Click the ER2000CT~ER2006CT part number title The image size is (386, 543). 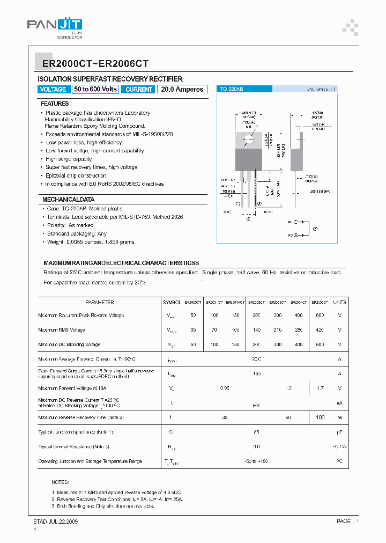pos(95,63)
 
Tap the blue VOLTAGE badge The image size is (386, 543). pos(53,90)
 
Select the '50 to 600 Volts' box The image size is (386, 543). pos(95,90)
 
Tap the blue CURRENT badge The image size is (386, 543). pos(139,90)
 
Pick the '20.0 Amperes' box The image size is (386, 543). pos(182,90)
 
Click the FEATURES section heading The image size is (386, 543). pos(55,104)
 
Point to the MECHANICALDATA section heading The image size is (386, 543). pos(68,199)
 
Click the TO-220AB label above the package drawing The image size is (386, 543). pos(232,90)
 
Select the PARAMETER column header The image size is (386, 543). pos(99,303)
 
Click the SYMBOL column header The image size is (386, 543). pos(172,303)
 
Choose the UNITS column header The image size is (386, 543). pos(339,303)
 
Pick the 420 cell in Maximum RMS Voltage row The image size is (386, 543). pos(320,330)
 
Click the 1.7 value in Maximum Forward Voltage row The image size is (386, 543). pos(320,388)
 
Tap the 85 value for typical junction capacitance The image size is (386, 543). pos(256,432)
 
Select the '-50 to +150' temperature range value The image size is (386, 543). pos(256,461)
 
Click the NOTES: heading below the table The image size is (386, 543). pos(60,482)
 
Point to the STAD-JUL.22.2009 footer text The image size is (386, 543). pos(56,521)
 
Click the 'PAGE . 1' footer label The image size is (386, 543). pos(348,521)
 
